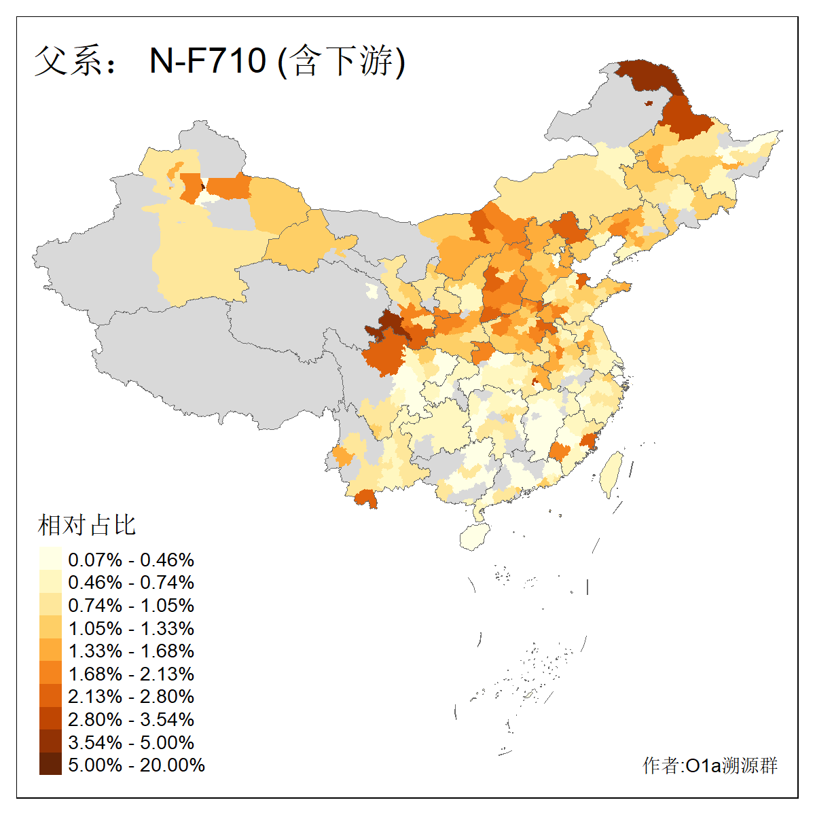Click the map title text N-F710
[207, 61]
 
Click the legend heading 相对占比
[87, 525]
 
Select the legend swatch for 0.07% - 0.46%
[50, 560]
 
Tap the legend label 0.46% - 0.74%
[131, 583]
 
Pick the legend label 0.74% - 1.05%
[131, 606]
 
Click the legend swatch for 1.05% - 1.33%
[50, 628]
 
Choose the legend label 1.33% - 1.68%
[131, 651]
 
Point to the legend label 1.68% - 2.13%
[131, 674]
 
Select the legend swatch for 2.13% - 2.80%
[50, 697]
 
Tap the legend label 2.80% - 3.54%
[131, 720]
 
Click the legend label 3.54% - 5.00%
[131, 743]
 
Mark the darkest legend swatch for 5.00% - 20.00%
[50, 765]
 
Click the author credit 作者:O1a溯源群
[710, 765]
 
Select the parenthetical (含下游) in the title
[342, 61]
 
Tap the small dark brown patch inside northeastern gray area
[649, 103]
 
